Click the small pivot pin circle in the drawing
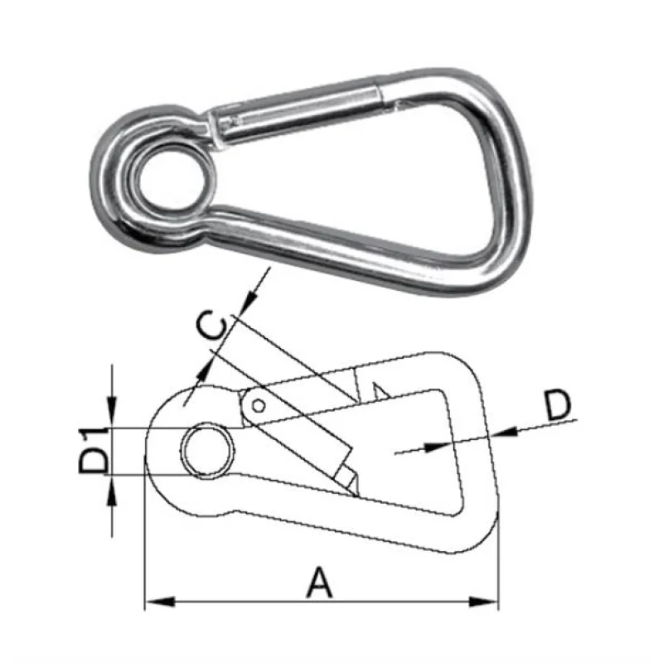coord(259,405)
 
